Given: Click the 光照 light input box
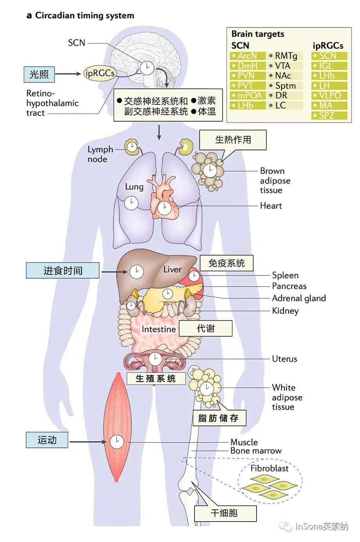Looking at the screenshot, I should pos(39,74).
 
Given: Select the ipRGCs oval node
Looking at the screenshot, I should pos(100,73).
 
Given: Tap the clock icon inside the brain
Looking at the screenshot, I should pos(147,68).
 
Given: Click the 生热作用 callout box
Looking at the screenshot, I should pos(233,140).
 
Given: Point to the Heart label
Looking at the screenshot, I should pos(271,206).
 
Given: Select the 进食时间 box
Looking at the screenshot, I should pos(63,270).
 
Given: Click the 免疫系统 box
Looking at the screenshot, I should pos(226,263).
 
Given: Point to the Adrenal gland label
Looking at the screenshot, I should pos(299,298).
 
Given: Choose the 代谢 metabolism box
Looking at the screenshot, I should pos(205,328).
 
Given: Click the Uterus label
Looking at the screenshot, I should pos(284,359).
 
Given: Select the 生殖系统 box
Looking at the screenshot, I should pos(156,379).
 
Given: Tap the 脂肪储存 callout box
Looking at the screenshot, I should pos(218,418).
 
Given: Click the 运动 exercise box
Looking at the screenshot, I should pos(47,440).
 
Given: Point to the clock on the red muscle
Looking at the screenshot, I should pos(116,442).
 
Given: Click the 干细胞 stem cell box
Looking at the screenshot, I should pos(224,513).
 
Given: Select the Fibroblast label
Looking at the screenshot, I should pos(269,468).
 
